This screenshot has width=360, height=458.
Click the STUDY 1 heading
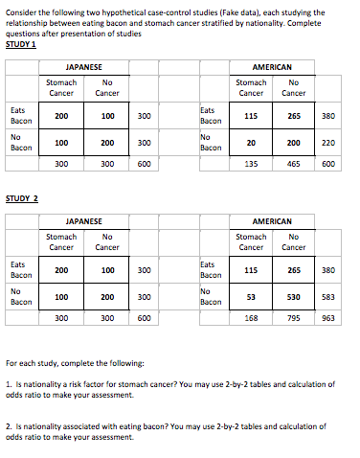pos(23,43)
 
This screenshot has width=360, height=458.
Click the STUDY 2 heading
pos(23,198)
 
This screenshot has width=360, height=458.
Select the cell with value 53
pos(251,296)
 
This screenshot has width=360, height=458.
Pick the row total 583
pos(328,296)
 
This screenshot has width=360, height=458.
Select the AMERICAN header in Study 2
pos(272,221)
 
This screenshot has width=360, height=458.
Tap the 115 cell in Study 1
pos(251,116)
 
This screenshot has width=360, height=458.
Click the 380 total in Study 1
pos(328,116)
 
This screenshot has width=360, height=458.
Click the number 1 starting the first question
pos(8,383)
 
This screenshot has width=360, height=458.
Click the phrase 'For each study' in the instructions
pos(31,363)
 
